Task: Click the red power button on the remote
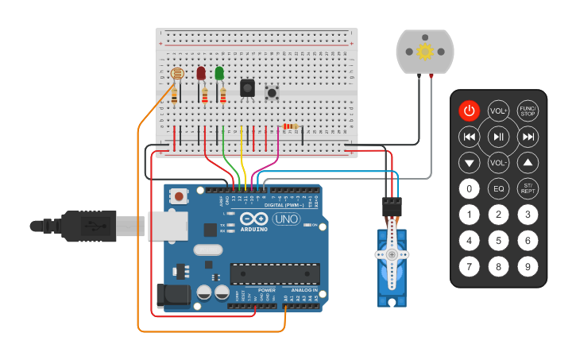click(469, 111)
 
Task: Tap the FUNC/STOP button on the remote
click(528, 111)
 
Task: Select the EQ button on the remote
click(498, 189)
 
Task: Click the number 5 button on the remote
click(498, 240)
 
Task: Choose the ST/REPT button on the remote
click(528, 189)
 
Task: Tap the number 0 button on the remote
click(470, 189)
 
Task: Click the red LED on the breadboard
click(201, 74)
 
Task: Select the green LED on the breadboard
click(219, 74)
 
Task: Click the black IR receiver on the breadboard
click(247, 87)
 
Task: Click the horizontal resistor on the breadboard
click(290, 126)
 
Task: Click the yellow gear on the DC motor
click(424, 52)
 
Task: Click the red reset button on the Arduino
click(180, 196)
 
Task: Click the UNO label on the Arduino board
click(284, 219)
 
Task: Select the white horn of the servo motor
click(392, 254)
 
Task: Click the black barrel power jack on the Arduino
click(171, 296)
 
